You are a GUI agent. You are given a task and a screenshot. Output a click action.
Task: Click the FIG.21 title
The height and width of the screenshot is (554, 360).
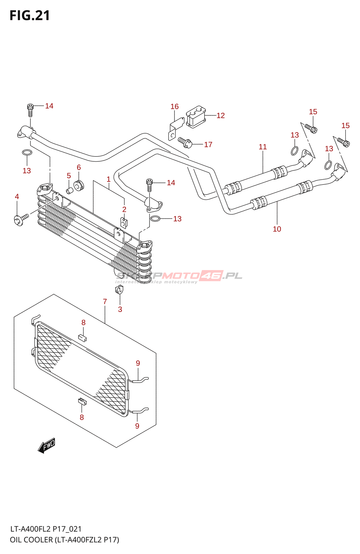click(x=30, y=16)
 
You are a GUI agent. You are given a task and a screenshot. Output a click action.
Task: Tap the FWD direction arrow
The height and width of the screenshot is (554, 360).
click(x=47, y=445)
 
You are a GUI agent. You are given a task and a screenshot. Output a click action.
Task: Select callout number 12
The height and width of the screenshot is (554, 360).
click(x=220, y=116)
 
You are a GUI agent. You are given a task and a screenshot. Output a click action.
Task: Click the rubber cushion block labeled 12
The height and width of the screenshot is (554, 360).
click(x=196, y=117)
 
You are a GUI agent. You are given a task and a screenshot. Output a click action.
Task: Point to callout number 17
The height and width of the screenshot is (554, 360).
click(x=208, y=144)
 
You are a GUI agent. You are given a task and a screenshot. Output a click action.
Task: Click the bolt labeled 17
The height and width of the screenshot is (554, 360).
click(x=185, y=141)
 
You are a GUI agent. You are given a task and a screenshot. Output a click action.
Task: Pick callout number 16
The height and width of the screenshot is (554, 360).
click(x=174, y=107)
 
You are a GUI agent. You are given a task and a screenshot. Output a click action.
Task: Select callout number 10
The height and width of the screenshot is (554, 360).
click(x=277, y=229)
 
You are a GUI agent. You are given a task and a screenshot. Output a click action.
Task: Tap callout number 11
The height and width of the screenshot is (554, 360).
click(x=263, y=147)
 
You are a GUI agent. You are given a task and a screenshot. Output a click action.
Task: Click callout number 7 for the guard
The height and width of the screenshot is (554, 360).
click(x=105, y=302)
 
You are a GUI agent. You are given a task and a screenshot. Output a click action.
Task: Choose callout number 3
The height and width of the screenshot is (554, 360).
click(x=120, y=309)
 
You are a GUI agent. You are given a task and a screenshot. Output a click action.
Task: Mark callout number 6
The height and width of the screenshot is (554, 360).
click(x=79, y=168)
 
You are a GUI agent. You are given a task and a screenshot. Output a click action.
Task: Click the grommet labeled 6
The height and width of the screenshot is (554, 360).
click(x=79, y=185)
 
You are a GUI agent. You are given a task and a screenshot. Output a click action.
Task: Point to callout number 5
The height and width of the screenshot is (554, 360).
click(x=69, y=176)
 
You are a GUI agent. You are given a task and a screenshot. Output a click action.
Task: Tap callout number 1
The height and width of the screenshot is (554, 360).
click(x=108, y=179)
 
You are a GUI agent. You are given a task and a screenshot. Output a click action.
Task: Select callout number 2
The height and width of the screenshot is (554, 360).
click(x=124, y=209)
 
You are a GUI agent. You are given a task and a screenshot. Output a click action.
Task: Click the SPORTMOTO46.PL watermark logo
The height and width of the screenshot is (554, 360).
click(x=179, y=276)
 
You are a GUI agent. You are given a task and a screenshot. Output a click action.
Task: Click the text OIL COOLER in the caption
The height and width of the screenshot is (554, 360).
click(x=31, y=540)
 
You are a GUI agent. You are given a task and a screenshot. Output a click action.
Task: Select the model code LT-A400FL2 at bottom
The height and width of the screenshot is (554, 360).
click(x=31, y=529)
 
